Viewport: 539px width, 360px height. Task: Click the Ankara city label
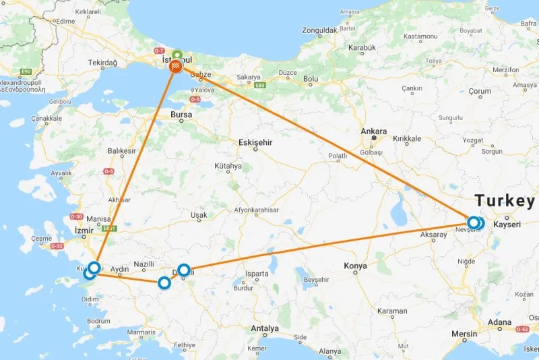click(x=373, y=131)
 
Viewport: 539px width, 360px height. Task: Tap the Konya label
click(x=355, y=266)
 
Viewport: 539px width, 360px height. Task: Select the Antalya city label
click(x=264, y=328)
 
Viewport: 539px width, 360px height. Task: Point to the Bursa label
click(x=181, y=115)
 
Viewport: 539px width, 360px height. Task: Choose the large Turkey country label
click(x=505, y=201)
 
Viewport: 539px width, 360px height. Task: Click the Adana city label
click(x=501, y=322)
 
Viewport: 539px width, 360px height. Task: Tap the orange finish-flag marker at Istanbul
click(x=176, y=66)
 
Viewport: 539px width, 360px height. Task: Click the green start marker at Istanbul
click(x=177, y=55)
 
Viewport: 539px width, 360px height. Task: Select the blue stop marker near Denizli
click(x=184, y=270)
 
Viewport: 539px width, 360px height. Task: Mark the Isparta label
click(x=257, y=274)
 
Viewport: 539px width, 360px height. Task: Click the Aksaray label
click(x=433, y=235)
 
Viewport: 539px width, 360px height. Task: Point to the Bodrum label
click(x=98, y=320)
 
